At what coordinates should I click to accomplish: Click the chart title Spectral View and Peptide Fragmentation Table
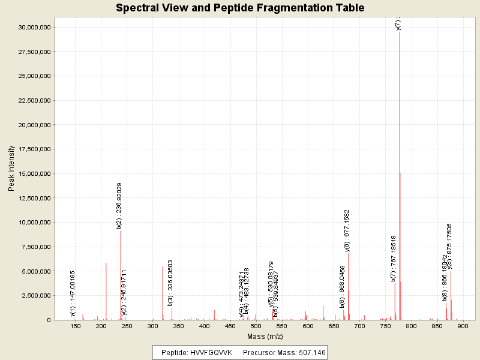(240, 8)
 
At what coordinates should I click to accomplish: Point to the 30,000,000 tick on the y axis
(37, 28)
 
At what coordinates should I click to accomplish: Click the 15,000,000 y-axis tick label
(37, 173)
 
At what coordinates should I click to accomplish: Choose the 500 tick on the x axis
(256, 326)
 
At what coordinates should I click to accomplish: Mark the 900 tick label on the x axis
(463, 326)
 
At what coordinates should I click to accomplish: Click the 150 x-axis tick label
(76, 326)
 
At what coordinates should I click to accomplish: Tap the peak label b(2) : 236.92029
(119, 205)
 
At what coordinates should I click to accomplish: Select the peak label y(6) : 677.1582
(347, 230)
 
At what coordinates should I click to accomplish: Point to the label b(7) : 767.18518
(394, 258)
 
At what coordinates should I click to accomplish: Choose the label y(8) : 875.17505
(449, 247)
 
